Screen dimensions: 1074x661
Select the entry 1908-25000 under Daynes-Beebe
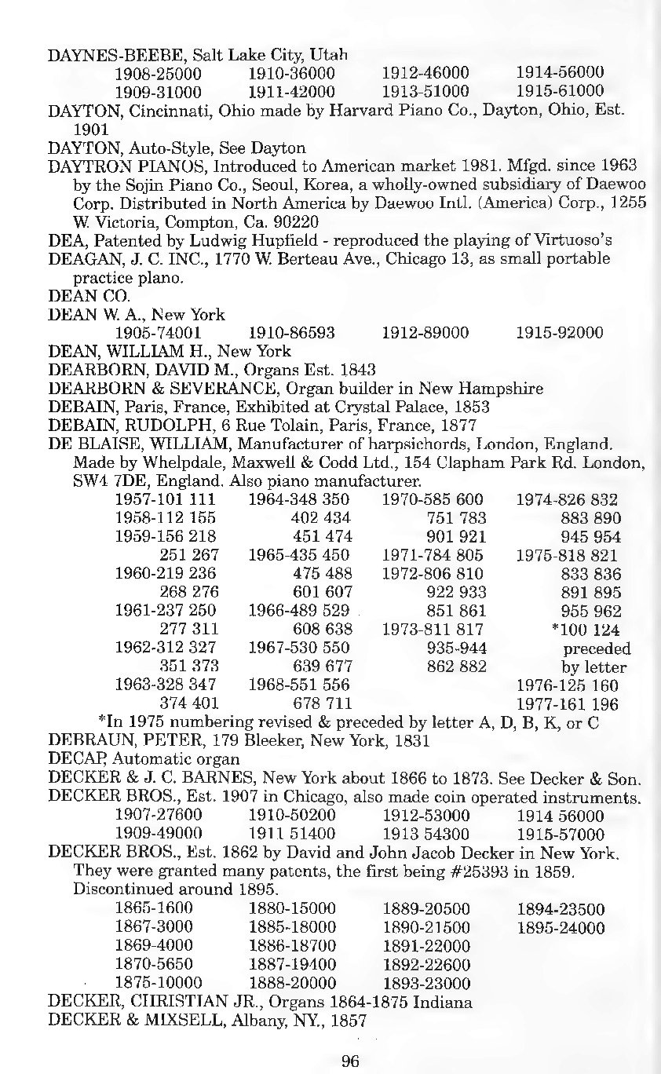pyautogui.click(x=159, y=74)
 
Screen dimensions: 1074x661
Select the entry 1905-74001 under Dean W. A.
pyautogui.click(x=159, y=333)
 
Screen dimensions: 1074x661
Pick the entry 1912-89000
pyautogui.click(x=425, y=333)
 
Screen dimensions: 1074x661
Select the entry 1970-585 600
pyautogui.click(x=433, y=500)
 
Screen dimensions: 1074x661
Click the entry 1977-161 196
pyautogui.click(x=567, y=704)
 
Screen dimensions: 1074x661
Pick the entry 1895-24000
pyautogui.click(x=561, y=928)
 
